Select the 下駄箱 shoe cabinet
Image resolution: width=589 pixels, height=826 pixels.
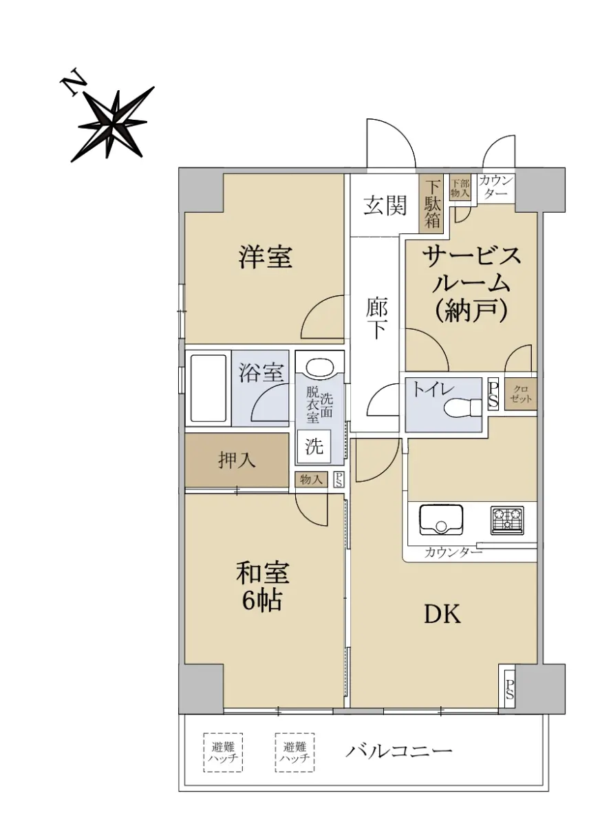(432, 203)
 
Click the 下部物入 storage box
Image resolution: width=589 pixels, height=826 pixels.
(460, 188)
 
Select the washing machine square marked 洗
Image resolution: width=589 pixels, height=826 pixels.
(314, 446)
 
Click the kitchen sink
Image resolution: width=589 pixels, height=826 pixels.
(440, 520)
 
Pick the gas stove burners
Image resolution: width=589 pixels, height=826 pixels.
(507, 520)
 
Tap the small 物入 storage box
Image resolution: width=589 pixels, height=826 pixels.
(311, 479)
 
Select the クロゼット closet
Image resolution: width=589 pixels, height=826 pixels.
(521, 394)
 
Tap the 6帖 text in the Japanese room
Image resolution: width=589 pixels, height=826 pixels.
(261, 601)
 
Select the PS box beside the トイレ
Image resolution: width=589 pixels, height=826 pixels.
(493, 393)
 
